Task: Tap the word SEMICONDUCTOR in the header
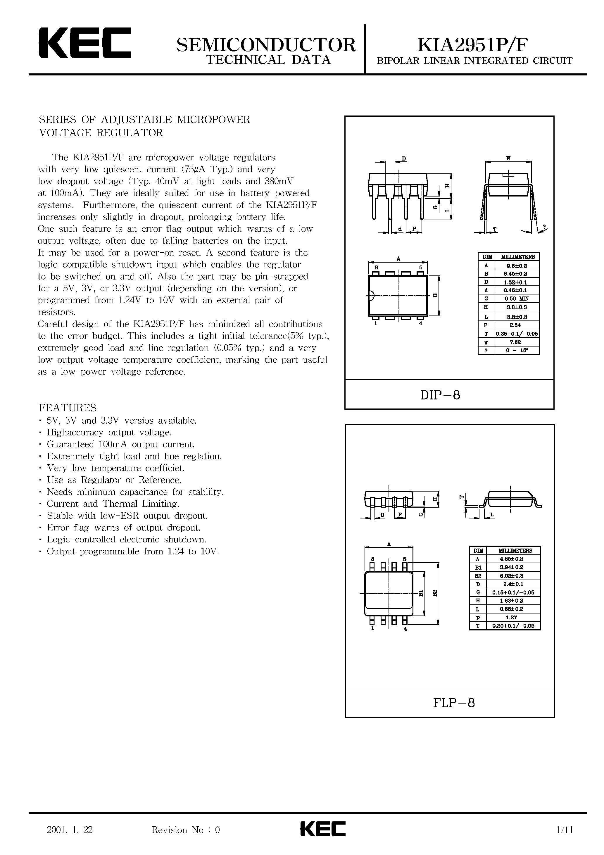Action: tap(266, 45)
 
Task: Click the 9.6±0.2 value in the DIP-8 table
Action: tap(517, 266)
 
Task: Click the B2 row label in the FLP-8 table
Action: tap(477, 575)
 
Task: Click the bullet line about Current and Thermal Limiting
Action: tap(113, 504)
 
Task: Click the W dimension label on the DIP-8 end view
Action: tap(508, 158)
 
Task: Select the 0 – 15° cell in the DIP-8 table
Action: tap(517, 350)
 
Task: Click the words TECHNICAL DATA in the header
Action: tap(268, 60)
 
